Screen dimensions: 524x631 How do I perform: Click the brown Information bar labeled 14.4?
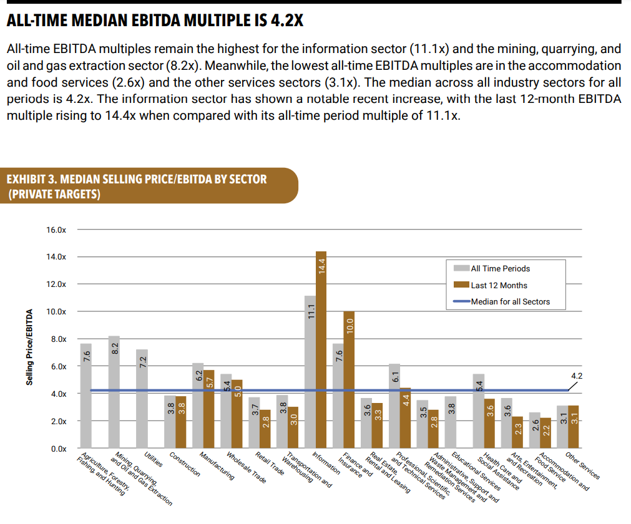coord(321,349)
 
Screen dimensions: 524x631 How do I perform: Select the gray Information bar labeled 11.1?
coord(310,372)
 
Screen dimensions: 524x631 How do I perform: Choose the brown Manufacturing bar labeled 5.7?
coord(209,409)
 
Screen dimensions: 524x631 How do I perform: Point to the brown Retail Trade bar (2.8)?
coord(265,429)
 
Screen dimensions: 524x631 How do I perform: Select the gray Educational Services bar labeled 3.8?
coord(451,422)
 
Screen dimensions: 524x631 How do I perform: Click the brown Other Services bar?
coord(574,427)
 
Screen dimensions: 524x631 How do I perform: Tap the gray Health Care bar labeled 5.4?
coord(479,411)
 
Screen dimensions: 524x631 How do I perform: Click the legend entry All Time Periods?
coord(500,269)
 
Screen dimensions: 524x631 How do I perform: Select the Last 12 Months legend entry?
coord(499,286)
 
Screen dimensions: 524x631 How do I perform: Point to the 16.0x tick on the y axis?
coord(56,230)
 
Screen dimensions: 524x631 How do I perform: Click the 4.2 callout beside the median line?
coord(577,376)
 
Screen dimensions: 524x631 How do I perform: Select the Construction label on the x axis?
coord(185,465)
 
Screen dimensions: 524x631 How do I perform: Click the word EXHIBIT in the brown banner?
coord(26,179)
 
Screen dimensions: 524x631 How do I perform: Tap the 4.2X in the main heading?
coord(286,21)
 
